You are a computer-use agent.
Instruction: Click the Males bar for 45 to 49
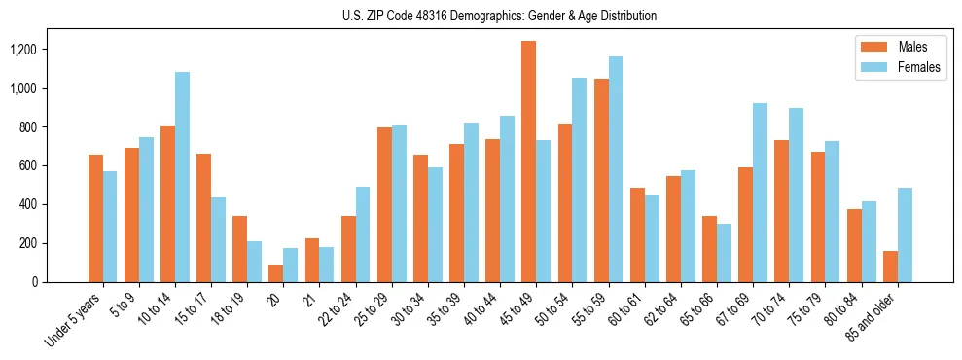(528, 162)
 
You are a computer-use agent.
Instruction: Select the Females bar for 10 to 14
(182, 177)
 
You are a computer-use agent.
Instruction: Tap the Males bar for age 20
(276, 273)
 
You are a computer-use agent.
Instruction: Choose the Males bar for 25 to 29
(384, 204)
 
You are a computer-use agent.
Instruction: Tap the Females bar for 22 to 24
(363, 234)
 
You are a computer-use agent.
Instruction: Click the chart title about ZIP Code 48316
(499, 17)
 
